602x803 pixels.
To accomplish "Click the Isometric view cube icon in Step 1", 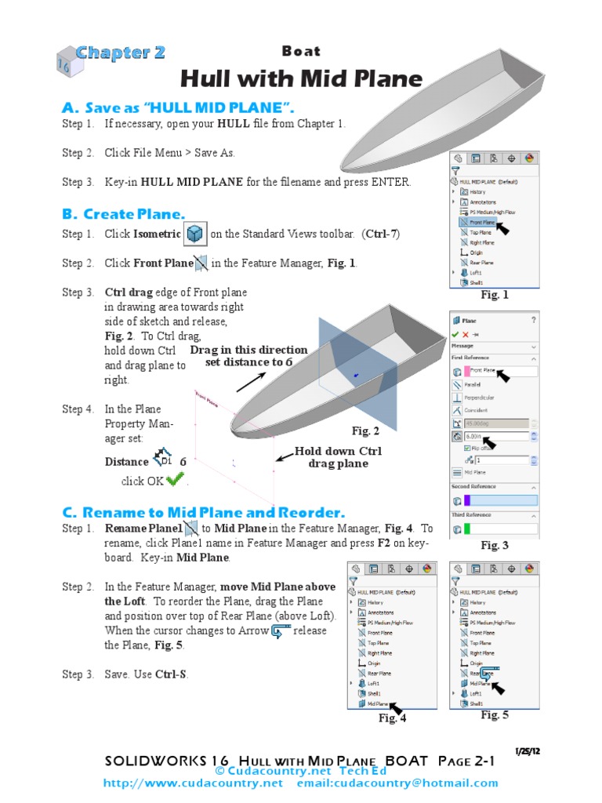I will (195, 234).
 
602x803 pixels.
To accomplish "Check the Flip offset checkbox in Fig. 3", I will (468, 448).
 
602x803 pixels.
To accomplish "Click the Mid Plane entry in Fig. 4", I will (379, 703).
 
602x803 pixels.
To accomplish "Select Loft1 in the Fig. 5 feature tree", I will (476, 693).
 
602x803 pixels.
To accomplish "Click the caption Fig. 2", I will (365, 431).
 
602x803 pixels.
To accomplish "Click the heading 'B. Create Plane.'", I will (124, 214).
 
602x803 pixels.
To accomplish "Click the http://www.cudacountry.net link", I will (193, 783).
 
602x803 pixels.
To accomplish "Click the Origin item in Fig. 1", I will (476, 253).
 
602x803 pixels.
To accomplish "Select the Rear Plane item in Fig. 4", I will (380, 673).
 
